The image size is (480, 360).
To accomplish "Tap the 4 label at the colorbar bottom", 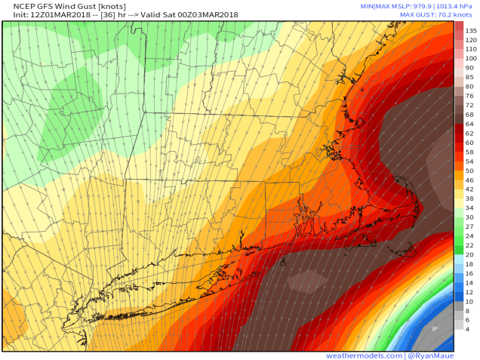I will (x=469, y=329).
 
